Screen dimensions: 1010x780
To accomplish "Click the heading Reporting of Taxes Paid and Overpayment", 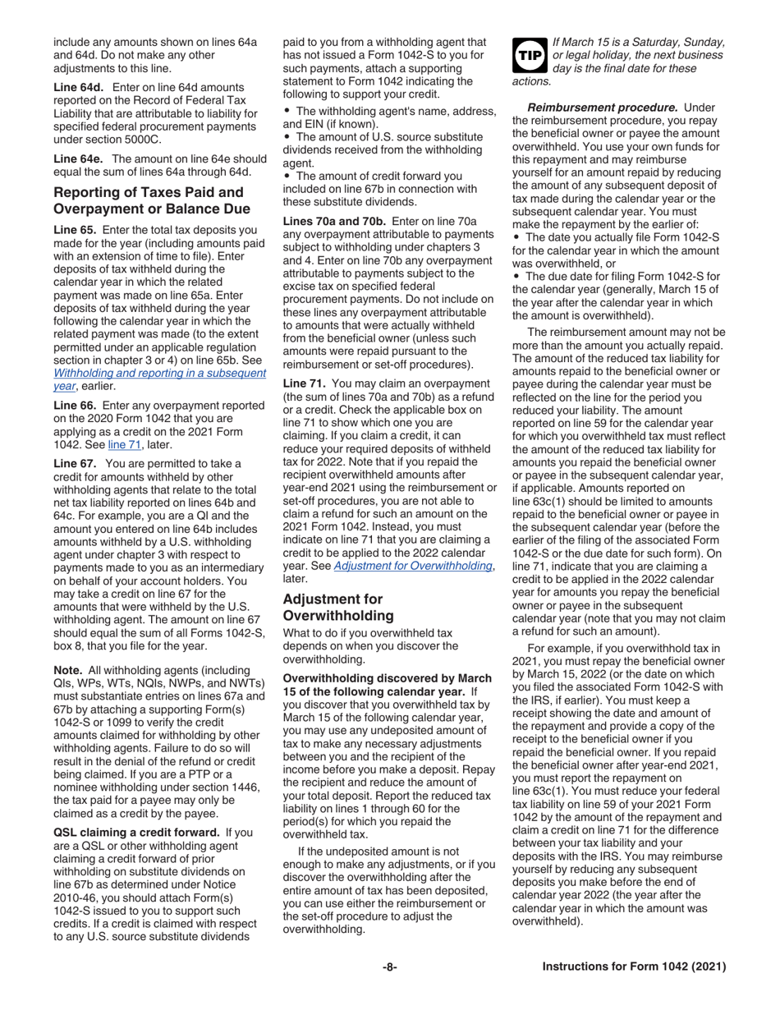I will (x=151, y=200).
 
